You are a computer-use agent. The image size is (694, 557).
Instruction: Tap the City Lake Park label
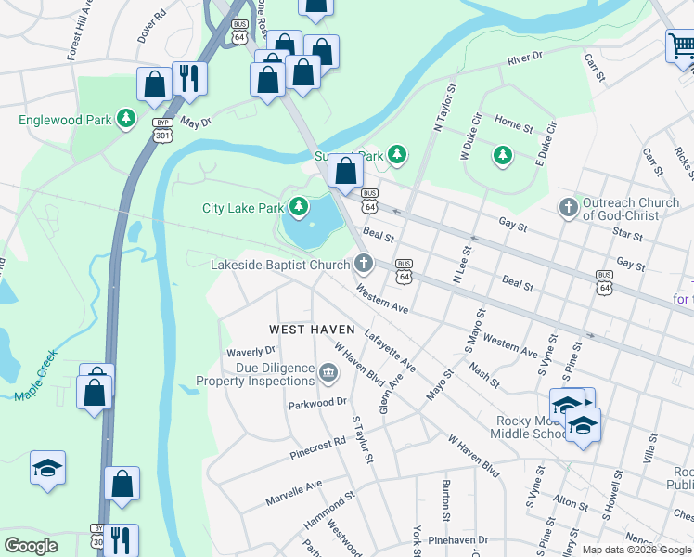[x=241, y=208]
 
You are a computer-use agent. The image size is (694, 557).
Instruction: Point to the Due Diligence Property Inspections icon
[x=328, y=374]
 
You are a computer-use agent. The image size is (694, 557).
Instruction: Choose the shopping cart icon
[x=680, y=45]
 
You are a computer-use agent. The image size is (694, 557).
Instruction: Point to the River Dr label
[x=524, y=59]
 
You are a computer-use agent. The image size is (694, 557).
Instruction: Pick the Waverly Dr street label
[x=251, y=351]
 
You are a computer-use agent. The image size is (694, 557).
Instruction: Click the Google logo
[x=32, y=546]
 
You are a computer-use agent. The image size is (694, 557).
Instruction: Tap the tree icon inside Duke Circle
[x=502, y=153]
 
